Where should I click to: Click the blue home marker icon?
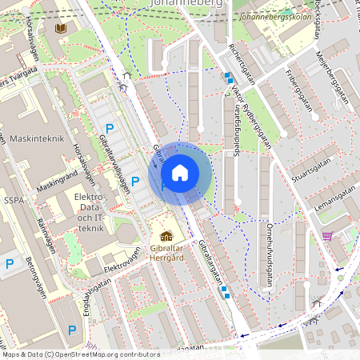[x=180, y=173]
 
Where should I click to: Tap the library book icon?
[x=61, y=28]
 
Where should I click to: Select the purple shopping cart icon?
[x=327, y=236]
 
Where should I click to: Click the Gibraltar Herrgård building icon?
[x=166, y=236]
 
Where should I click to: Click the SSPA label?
[x=13, y=199]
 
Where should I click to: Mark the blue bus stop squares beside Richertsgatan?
[x=229, y=78]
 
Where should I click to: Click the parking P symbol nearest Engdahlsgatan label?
[x=72, y=330]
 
